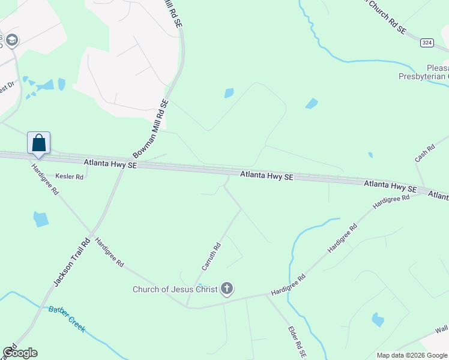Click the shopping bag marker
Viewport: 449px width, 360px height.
(x=38, y=143)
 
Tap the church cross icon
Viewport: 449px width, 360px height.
(x=227, y=290)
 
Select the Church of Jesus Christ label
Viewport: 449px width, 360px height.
(x=175, y=290)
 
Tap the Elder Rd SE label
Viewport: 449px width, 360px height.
(x=297, y=343)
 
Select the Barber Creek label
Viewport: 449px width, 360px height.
(x=67, y=319)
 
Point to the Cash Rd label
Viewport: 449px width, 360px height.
(x=424, y=153)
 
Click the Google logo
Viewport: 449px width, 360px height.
(x=20, y=353)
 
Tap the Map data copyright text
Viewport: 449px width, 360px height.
(x=412, y=355)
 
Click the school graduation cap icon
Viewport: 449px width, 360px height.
(x=11, y=40)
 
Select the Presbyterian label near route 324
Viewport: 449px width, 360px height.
(x=423, y=76)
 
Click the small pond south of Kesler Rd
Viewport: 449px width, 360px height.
(x=41, y=219)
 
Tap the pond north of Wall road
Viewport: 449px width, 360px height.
(x=378, y=320)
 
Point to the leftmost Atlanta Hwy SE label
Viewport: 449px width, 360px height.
(x=110, y=163)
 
